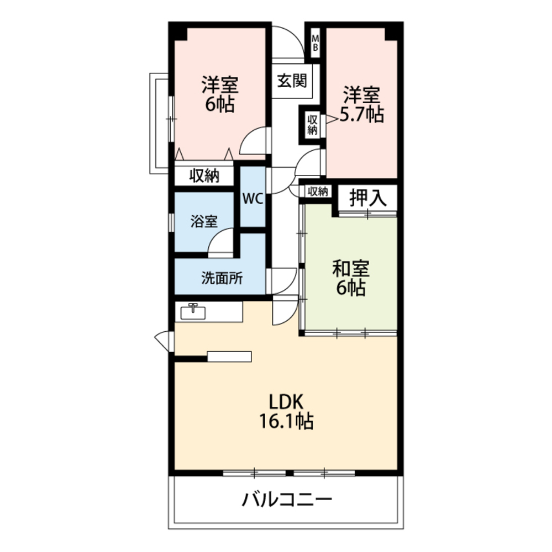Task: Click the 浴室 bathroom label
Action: coord(204,222)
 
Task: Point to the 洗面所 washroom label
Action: coord(221,279)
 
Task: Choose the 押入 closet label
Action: coord(367,198)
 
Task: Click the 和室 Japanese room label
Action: coord(350,269)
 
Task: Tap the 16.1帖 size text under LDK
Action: coord(286,422)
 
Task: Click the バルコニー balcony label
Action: coord(287,501)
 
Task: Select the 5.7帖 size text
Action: coord(362,115)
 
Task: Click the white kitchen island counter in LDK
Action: coord(229,356)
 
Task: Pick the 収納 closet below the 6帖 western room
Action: coord(204,176)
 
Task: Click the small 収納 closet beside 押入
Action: coord(318,192)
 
